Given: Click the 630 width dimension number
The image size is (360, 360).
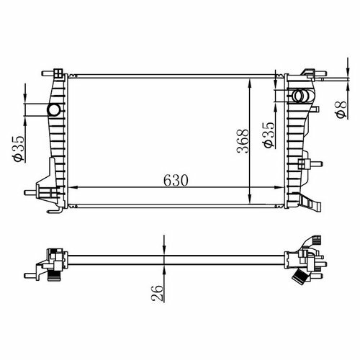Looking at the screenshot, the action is [x=176, y=181].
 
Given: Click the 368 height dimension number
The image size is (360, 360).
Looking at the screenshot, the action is [x=243, y=141].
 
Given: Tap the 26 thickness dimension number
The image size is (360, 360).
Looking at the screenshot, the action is [x=157, y=293].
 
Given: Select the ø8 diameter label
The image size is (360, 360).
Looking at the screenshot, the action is [x=341, y=109].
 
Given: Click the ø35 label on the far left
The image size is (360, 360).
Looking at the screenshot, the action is [x=19, y=149].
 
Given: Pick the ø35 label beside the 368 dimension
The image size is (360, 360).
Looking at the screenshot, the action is [x=269, y=135].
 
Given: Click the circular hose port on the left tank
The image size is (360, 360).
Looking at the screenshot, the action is [x=54, y=110].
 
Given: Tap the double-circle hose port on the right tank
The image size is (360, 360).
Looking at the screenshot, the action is [x=301, y=96].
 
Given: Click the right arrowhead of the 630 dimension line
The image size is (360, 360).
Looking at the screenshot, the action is [x=279, y=187].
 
